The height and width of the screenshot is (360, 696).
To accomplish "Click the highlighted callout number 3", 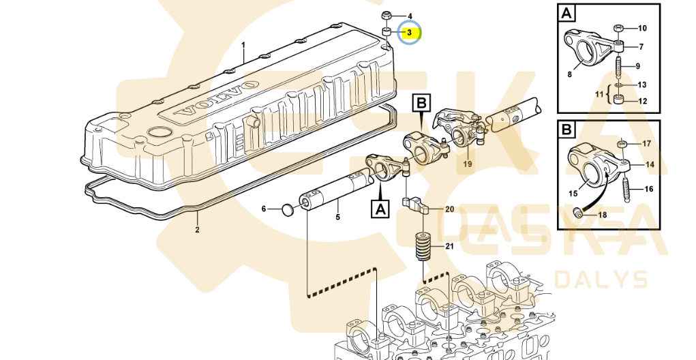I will [410, 32].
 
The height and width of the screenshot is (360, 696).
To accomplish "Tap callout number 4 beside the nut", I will [410, 16].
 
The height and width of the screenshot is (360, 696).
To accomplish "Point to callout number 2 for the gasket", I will [197, 230].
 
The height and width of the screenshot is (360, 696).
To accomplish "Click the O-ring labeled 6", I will [288, 208].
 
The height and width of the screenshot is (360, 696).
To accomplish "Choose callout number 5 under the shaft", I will [337, 217].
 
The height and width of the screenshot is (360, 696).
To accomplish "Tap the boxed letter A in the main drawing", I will [379, 209].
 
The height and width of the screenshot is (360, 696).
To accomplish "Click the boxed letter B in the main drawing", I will [422, 104].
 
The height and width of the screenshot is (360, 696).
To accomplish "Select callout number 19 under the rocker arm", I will [468, 164].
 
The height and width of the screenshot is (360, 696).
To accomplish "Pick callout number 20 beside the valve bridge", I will [449, 209].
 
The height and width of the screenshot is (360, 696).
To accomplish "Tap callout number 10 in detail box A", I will [642, 29].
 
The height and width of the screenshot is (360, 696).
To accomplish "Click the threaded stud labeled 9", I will [618, 67].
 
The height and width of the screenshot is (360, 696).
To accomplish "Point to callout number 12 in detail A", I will [642, 101].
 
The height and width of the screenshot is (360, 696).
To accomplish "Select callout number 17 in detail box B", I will [647, 144].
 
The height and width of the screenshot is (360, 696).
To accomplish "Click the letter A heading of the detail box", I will [566, 12].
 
